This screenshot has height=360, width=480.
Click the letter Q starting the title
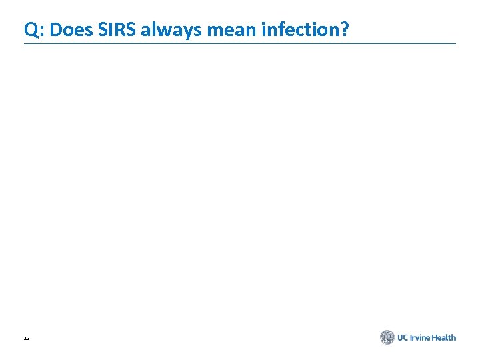click(31, 29)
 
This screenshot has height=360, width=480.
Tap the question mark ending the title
click(344, 29)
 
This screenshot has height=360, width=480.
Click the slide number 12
click(27, 339)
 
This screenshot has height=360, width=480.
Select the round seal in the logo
click(387, 337)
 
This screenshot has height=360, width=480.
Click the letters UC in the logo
click(403, 338)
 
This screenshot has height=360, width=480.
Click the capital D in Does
click(55, 29)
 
